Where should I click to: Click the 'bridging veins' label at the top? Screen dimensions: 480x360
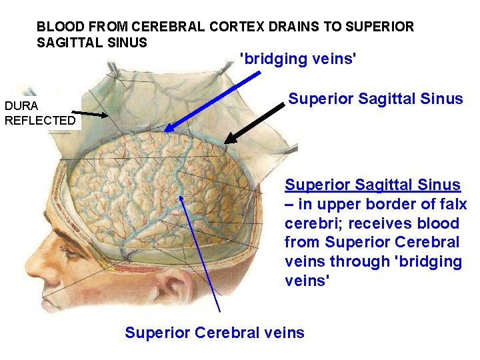point(298,59)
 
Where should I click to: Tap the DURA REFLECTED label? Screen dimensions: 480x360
point(39,113)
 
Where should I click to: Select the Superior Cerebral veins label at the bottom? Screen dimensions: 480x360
point(214,332)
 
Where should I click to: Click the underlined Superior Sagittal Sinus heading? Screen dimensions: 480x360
point(373,185)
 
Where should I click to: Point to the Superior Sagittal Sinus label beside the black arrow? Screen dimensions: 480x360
point(375,99)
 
